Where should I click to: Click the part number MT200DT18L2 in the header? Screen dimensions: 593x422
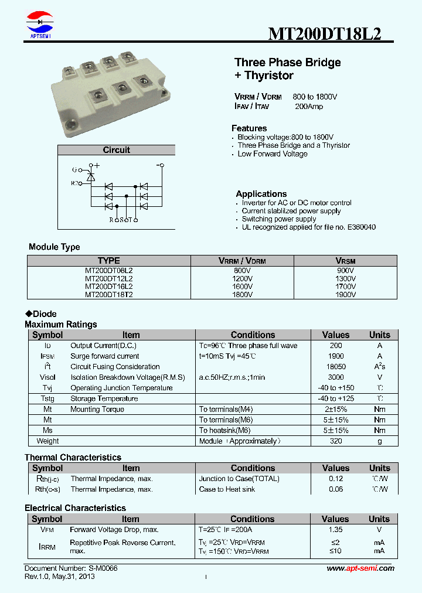[325, 33]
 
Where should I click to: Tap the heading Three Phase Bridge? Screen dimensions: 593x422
[287, 63]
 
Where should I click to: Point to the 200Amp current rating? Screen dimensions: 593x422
[309, 107]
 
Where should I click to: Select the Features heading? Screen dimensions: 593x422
[249, 128]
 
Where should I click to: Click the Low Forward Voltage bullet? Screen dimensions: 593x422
[273, 154]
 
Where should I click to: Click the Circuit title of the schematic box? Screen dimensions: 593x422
[116, 150]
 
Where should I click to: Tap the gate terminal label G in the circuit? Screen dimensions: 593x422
[74, 170]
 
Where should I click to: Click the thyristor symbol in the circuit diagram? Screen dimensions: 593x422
[90, 176]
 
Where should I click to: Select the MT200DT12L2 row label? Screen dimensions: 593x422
[109, 279]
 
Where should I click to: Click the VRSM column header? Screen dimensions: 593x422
[345, 261]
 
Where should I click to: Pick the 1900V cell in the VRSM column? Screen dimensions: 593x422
[345, 295]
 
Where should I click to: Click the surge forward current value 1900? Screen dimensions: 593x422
[336, 356]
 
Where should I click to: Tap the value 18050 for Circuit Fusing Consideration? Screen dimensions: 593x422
[336, 367]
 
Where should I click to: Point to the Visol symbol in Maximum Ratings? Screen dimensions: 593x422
[47, 377]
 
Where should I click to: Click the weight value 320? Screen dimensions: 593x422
[336, 441]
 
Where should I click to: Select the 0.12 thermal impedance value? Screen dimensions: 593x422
[336, 479]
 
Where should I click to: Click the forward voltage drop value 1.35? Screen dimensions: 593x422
[336, 530]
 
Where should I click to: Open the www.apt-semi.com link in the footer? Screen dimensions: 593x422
[360, 568]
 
